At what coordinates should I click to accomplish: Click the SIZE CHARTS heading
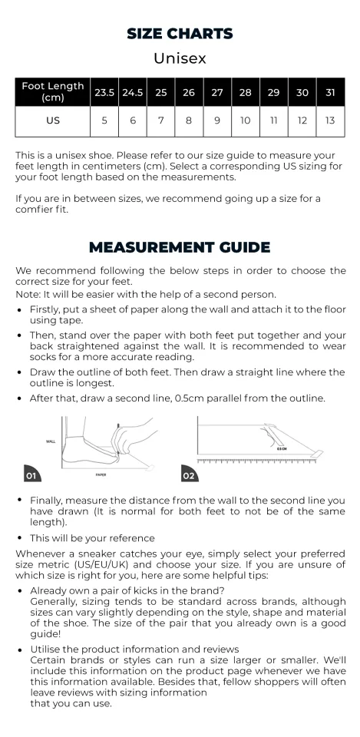point(180,33)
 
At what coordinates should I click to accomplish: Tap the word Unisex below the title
point(180,58)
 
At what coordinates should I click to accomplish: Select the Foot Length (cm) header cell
point(53,92)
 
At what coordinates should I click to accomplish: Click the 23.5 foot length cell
point(104,92)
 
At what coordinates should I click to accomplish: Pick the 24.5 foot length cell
point(133,92)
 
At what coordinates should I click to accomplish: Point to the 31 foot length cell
point(330,92)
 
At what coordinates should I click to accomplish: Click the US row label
point(53,121)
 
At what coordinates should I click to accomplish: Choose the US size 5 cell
point(104,121)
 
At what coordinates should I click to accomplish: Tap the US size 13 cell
point(330,121)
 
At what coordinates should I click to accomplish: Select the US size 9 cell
point(217,121)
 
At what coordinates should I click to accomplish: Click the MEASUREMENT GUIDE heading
point(180,247)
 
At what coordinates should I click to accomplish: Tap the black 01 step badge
point(32,474)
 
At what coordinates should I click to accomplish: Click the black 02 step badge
point(190,474)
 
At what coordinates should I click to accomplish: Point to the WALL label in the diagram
point(51,441)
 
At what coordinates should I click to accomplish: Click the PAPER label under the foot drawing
point(101,475)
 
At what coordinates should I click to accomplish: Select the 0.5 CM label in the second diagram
point(282,449)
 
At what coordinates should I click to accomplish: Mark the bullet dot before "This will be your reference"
point(19,538)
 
